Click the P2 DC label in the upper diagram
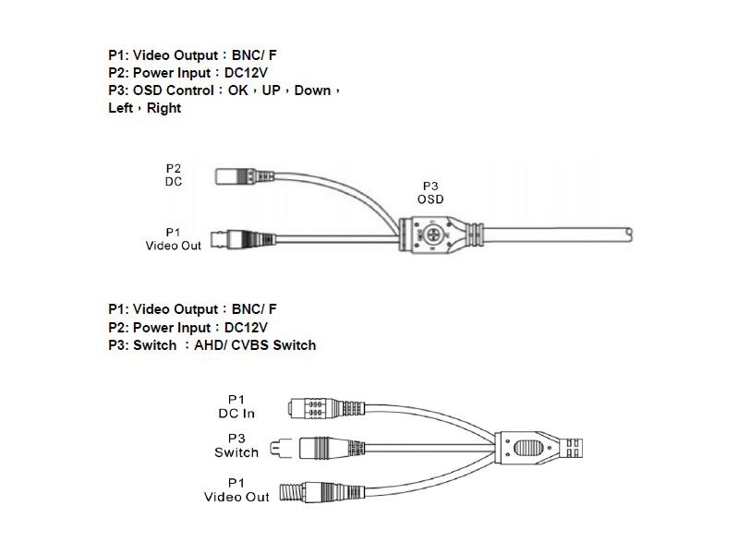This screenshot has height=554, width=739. tap(174, 175)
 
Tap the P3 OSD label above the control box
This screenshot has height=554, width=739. tap(430, 192)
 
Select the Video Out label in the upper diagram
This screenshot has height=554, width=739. tap(173, 238)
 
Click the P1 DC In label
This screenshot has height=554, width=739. tap(236, 406)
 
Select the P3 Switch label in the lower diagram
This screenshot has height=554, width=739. tap(236, 445)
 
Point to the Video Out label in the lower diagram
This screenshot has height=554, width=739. tap(236, 490)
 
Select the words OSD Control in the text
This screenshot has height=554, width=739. tap(174, 90)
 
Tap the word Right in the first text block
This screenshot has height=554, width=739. tap(164, 108)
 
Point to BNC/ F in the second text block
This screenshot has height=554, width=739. tap(255, 310)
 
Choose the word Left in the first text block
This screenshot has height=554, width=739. tap(120, 108)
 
